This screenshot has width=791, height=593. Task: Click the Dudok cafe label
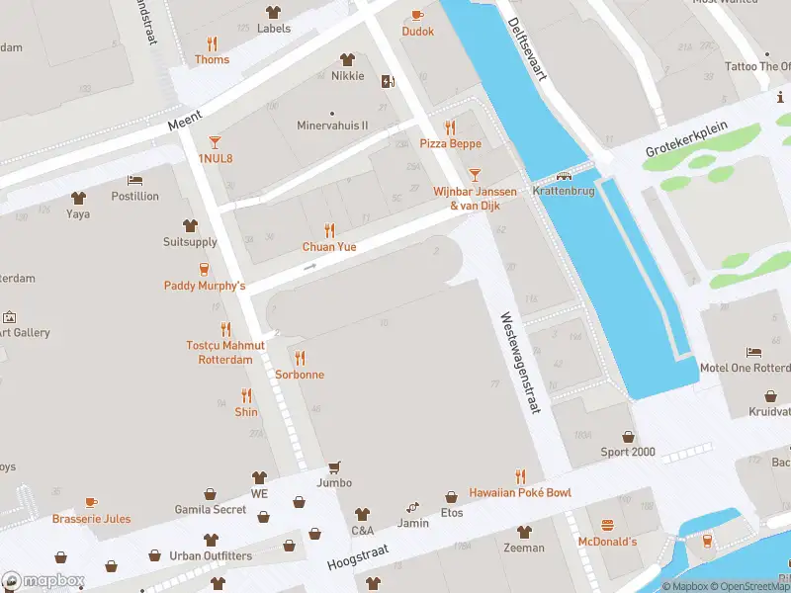coord(417,32)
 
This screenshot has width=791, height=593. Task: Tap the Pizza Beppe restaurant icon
coord(450,127)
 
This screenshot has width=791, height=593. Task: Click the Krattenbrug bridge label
coord(564,191)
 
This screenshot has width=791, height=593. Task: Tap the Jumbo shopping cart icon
coord(334,466)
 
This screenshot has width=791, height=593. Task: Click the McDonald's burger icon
coord(608,525)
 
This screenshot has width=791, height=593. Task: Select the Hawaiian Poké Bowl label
coord(519,493)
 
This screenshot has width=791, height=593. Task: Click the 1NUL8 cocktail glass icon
coord(215,142)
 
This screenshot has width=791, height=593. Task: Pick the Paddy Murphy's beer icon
coord(205,269)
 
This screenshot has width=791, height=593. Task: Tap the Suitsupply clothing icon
coord(190,225)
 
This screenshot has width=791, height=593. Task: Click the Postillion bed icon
coord(135,181)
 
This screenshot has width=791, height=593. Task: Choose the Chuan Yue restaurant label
coord(329,247)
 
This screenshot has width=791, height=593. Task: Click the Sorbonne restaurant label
coord(300,376)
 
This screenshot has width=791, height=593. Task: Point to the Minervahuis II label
coord(332,127)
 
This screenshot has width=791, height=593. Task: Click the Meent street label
coord(185,123)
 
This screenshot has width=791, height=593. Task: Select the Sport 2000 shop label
coord(628,453)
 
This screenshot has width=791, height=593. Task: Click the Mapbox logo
coord(44,580)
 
